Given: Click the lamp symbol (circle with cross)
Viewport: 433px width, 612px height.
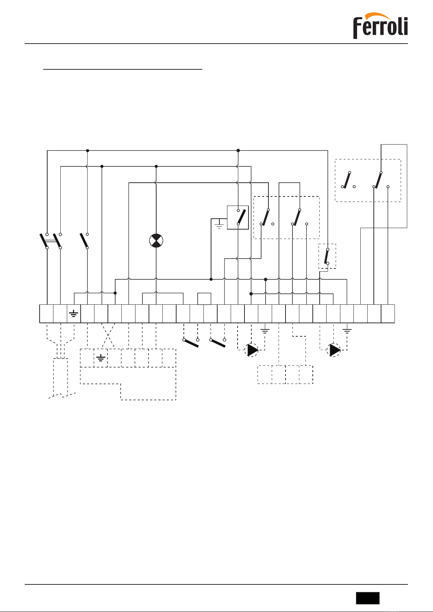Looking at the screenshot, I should coord(156,241).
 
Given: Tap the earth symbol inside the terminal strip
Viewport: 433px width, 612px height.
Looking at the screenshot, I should coord(74,314).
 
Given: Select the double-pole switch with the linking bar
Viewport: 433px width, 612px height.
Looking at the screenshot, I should coord(51,241).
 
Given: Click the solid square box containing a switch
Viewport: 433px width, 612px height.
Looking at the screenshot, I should coord(238,218).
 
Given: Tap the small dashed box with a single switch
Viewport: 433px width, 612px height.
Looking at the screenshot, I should coord(327,256).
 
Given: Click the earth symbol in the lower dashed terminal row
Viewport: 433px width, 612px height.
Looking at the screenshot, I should coord(101,358).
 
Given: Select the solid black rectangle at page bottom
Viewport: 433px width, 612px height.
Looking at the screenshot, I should coord(368,598).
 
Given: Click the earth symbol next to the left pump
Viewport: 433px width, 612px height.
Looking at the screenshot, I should coord(265,331).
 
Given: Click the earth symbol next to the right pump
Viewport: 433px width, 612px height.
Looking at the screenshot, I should coord(347,331).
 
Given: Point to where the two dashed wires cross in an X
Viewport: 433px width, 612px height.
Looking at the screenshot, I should coord(108,336).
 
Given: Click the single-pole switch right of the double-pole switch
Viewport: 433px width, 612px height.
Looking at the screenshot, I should coord(85,241).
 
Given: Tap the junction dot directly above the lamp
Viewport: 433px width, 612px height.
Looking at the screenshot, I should coord(156,166).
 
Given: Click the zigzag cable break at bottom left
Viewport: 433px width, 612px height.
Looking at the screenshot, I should coord(62,395).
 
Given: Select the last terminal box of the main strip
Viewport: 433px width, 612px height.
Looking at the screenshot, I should coord(388,314).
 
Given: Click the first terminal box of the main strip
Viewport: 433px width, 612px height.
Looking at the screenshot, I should coord(46,314).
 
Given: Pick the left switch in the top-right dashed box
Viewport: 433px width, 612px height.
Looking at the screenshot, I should coord(347,180).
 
